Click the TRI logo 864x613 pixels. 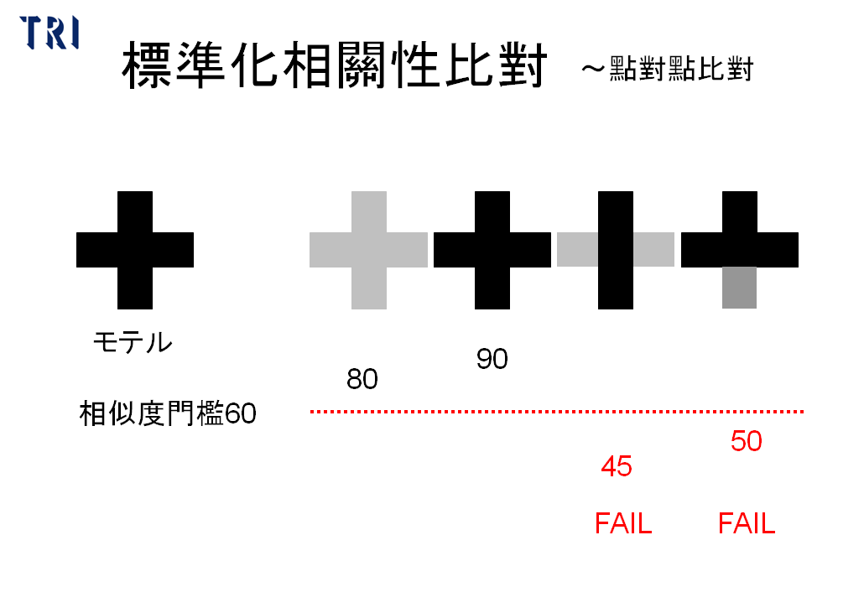point(49,33)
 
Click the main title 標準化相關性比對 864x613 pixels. point(335,65)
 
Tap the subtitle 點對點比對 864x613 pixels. point(681,70)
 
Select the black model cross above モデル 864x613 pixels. point(135,250)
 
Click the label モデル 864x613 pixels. point(133,343)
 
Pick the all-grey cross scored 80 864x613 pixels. point(368,250)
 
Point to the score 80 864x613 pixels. point(362,379)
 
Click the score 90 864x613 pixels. point(492,359)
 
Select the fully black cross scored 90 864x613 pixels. point(492,250)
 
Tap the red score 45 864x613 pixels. point(617,466)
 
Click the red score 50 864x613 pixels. point(747,441)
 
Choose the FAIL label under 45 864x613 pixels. point(623,523)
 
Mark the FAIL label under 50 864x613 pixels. point(747,523)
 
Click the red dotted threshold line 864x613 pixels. point(557,412)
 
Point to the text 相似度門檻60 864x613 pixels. point(168,413)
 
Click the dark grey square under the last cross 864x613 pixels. point(740,288)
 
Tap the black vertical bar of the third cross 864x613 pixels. point(616,250)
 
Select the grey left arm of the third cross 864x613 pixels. point(577,250)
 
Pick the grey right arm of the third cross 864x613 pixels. point(653,250)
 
